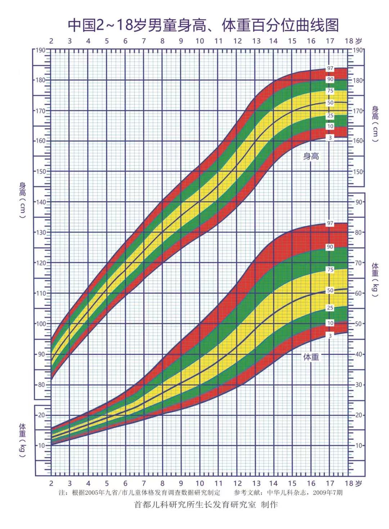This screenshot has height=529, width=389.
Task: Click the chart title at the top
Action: (x=204, y=25)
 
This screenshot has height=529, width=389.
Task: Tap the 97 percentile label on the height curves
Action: (x=330, y=68)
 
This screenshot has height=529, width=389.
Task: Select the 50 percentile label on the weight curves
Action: (x=330, y=290)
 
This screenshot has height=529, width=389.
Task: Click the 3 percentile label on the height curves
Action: (x=330, y=138)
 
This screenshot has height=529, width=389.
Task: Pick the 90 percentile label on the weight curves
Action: (x=330, y=247)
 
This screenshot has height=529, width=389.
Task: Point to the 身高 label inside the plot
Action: (x=311, y=156)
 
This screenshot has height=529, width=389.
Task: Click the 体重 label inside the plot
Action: (x=311, y=357)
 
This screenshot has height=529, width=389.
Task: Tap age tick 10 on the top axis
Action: (x=200, y=41)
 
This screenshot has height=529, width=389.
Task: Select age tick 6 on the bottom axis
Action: (x=125, y=484)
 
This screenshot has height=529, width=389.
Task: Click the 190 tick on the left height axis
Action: (x=41, y=50)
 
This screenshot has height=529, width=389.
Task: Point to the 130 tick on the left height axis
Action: (x=41, y=232)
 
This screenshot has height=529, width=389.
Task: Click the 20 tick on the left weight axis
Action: (x=41, y=415)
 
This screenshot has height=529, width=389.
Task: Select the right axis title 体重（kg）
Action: (x=375, y=280)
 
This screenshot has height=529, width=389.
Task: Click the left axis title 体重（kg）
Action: (x=22, y=441)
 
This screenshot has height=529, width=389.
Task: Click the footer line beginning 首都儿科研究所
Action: (x=206, y=505)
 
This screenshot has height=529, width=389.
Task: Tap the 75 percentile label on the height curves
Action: (x=330, y=91)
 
